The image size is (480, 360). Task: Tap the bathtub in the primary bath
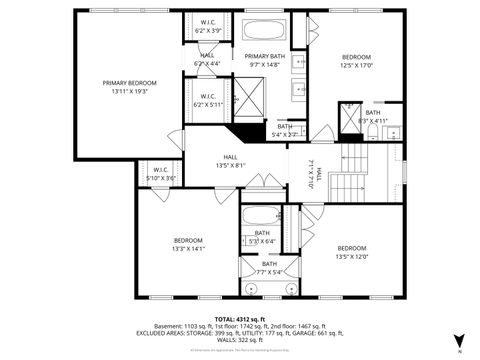coord(265,29)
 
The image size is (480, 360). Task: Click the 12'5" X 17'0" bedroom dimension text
coord(356,66)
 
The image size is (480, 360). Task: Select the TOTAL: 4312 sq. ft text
coord(239,317)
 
